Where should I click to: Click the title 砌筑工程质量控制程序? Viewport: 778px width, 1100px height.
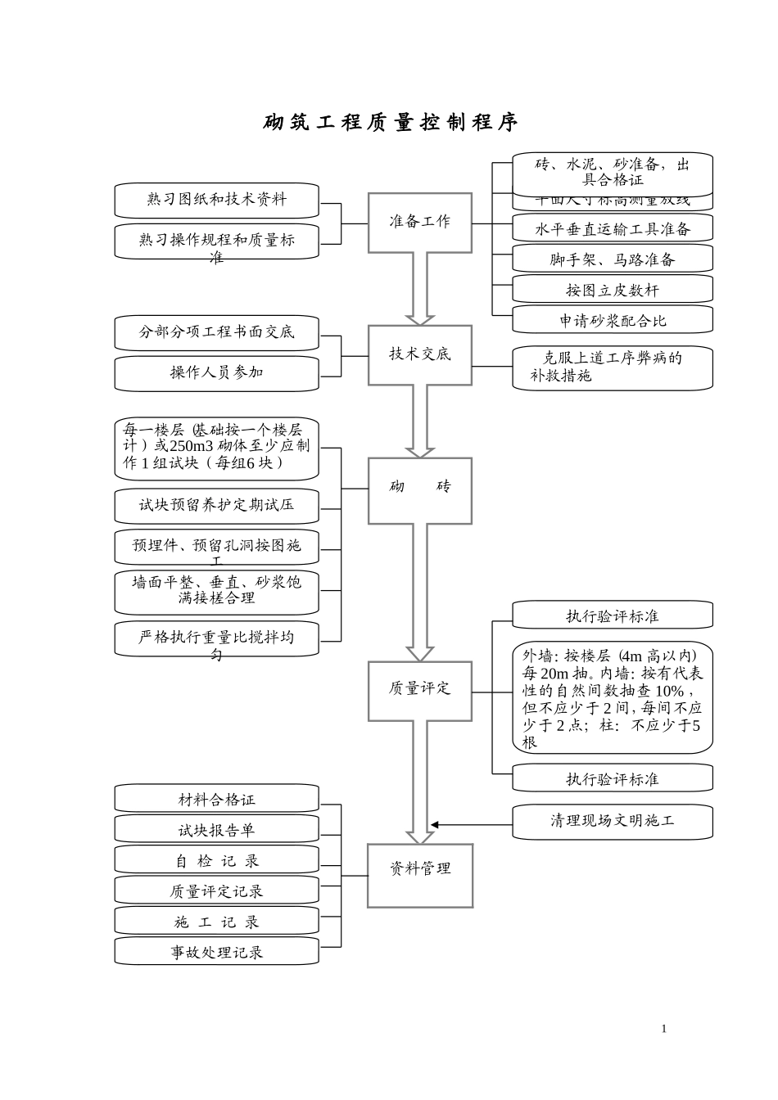(x=391, y=123)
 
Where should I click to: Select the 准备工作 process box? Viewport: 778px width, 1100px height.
(x=419, y=223)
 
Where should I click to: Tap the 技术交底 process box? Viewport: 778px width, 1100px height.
(x=419, y=355)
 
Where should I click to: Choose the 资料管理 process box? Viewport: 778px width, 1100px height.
(x=419, y=874)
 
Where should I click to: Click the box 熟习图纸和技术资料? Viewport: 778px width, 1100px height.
(x=216, y=200)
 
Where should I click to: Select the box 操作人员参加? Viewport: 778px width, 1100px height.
(x=216, y=373)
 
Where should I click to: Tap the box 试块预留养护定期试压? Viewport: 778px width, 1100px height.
(x=216, y=506)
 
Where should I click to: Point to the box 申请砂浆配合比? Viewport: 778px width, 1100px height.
(x=613, y=321)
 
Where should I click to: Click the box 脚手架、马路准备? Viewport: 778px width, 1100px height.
(x=613, y=260)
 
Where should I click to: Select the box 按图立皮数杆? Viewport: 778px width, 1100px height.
(x=613, y=291)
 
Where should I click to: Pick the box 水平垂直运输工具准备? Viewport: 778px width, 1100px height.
(x=613, y=229)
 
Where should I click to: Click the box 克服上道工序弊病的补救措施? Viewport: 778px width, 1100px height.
(x=613, y=367)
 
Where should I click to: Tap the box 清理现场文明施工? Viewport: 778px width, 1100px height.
(x=613, y=821)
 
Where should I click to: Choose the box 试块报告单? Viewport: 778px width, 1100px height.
(x=216, y=830)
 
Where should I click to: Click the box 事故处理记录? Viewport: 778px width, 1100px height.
(x=216, y=952)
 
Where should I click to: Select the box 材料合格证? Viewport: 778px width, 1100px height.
(x=216, y=800)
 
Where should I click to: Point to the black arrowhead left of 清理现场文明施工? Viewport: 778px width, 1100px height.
(x=436, y=824)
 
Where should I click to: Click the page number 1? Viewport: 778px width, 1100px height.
(x=664, y=1029)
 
